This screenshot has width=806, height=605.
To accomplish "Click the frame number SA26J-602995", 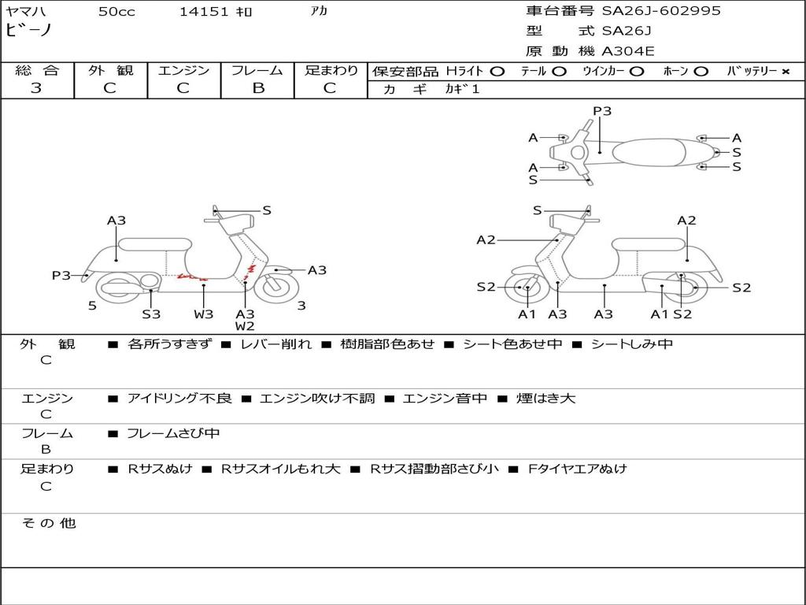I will tap(661, 11).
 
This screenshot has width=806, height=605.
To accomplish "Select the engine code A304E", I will tap(627, 51).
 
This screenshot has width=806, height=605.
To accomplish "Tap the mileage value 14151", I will tap(204, 12).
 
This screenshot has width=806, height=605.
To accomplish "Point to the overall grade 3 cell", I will tap(36, 88).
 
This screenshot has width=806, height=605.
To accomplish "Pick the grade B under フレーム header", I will tap(257, 88).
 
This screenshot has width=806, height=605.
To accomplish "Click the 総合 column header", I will tap(37, 71).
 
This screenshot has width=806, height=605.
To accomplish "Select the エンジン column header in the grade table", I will tap(183, 71).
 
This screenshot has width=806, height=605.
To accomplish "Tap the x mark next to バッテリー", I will tap(786, 72).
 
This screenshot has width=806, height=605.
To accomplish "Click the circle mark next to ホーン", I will tap(701, 72).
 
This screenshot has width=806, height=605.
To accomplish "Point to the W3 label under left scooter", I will tap(203, 314).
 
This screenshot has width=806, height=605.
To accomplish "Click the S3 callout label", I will tap(151, 314).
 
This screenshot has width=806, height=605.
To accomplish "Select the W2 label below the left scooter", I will tap(245, 326).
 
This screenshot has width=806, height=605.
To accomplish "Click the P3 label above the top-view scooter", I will tap(602, 111).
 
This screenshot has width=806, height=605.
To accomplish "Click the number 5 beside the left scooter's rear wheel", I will tap(92, 306).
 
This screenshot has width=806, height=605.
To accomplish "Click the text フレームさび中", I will tap(173, 433).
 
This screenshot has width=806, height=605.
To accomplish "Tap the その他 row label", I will tap(49, 523).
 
